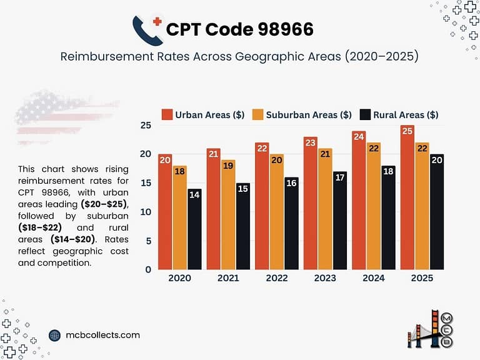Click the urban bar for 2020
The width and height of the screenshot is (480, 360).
[x=165, y=212]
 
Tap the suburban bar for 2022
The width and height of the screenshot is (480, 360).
[x=276, y=212]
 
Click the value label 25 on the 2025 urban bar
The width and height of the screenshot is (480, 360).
[x=407, y=131]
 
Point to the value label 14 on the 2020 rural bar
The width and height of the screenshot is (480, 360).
[x=194, y=194]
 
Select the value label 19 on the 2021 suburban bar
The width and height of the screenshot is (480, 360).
[x=228, y=166]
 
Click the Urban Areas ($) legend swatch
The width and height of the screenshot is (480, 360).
[x=167, y=114]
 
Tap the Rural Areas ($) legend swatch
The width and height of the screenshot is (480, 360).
[x=365, y=114]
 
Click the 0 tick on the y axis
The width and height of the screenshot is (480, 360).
[x=148, y=269]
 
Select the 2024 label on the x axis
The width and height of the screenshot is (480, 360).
[x=374, y=278]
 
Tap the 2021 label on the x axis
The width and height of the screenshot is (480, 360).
[x=228, y=278]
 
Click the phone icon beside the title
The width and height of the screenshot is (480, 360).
[x=147, y=29]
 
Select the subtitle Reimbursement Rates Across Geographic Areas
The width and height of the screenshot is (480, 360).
[x=239, y=56]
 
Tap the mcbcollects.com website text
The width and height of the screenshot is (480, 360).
[x=102, y=335]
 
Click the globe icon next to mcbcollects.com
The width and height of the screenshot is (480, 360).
[x=54, y=336]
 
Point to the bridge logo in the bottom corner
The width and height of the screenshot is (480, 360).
[x=431, y=328]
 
